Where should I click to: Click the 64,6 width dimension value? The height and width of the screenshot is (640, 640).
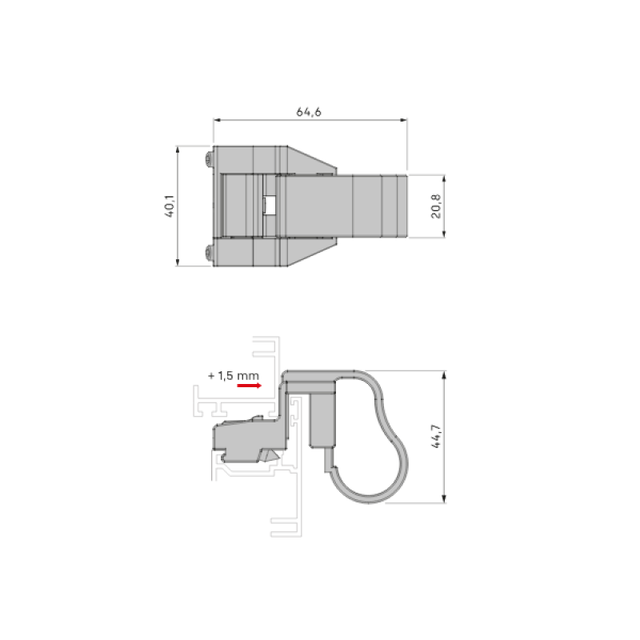click(x=309, y=112)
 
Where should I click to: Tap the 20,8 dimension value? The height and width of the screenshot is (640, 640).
click(x=435, y=206)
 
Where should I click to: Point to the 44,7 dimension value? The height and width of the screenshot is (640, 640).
click(x=436, y=438)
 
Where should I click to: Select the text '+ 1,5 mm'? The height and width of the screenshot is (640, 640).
click(x=233, y=374)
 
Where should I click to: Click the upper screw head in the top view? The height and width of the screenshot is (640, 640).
click(x=210, y=159)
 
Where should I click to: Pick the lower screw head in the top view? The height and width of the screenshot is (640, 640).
click(x=210, y=252)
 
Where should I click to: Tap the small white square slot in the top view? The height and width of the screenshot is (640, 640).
click(x=270, y=206)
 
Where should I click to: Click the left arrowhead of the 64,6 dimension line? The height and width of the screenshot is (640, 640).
click(x=217, y=121)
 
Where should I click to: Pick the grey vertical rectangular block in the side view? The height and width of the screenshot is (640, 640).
click(x=322, y=420)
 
